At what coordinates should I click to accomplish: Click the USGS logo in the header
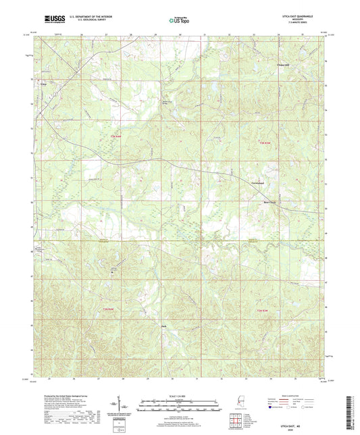(x=41, y=19)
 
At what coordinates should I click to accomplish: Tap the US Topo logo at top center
(x=180, y=20)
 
